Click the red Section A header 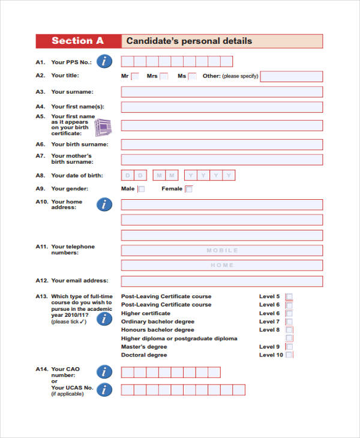(x=78, y=41)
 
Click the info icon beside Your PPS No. (x=104, y=61)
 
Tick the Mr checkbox (x=135, y=76)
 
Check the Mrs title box (x=164, y=76)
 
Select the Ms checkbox (x=192, y=76)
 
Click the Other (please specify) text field (x=291, y=76)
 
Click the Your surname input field (x=221, y=92)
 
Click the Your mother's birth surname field (x=221, y=160)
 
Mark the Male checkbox (x=142, y=189)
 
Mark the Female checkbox (x=189, y=189)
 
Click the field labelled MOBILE (x=221, y=250)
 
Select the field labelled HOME (x=221, y=265)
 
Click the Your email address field (x=221, y=281)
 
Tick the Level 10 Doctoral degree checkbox (x=289, y=355)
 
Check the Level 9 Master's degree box (x=289, y=346)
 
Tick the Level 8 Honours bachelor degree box (x=289, y=329)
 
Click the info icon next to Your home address (x=104, y=205)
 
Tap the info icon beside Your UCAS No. (x=104, y=390)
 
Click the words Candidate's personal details (x=188, y=41)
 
